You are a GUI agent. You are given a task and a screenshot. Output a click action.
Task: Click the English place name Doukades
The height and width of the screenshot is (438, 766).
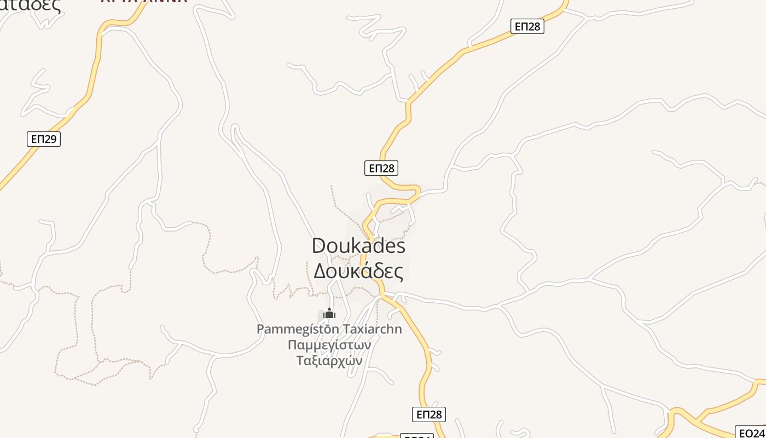(x=358, y=246)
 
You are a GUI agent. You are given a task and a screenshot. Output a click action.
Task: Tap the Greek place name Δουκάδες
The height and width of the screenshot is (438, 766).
(x=358, y=270)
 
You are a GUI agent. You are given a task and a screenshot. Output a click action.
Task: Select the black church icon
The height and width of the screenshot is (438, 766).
(x=329, y=314)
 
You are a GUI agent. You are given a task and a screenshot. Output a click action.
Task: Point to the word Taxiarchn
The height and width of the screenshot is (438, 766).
(x=372, y=329)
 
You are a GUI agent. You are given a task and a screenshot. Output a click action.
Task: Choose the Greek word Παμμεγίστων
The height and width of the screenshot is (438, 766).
(x=329, y=345)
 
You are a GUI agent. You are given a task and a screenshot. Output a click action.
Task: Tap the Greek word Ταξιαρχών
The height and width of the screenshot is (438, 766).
(x=329, y=361)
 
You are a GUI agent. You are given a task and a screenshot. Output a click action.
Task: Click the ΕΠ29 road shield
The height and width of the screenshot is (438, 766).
(x=44, y=139)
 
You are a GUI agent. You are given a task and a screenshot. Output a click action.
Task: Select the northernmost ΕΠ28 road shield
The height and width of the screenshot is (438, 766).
(x=527, y=26)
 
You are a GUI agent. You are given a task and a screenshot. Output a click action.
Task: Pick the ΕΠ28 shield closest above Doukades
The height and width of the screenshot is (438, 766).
(x=381, y=168)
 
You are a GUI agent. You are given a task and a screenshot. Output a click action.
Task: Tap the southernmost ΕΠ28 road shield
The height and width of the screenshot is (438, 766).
(x=429, y=414)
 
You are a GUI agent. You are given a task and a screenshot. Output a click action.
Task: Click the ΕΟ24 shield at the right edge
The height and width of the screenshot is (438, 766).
(x=752, y=433)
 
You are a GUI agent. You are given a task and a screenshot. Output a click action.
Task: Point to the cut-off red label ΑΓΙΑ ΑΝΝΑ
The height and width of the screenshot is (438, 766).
(x=144, y=2)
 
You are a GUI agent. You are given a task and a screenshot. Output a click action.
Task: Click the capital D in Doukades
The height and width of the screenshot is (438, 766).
(x=319, y=246)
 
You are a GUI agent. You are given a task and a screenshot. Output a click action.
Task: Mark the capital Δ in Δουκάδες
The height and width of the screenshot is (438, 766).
(x=320, y=270)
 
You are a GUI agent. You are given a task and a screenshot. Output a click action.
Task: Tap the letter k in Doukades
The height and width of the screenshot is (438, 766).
(x=357, y=246)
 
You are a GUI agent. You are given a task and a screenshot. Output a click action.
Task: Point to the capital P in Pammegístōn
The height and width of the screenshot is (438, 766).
(x=260, y=329)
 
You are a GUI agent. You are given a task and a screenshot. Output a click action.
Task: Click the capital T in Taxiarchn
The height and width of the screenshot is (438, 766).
(x=346, y=329)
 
